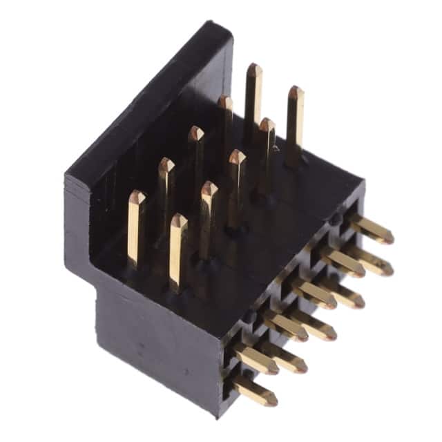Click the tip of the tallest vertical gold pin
pos(254,68)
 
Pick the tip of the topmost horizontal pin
pos(388,237)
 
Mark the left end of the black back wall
pos(67,181)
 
